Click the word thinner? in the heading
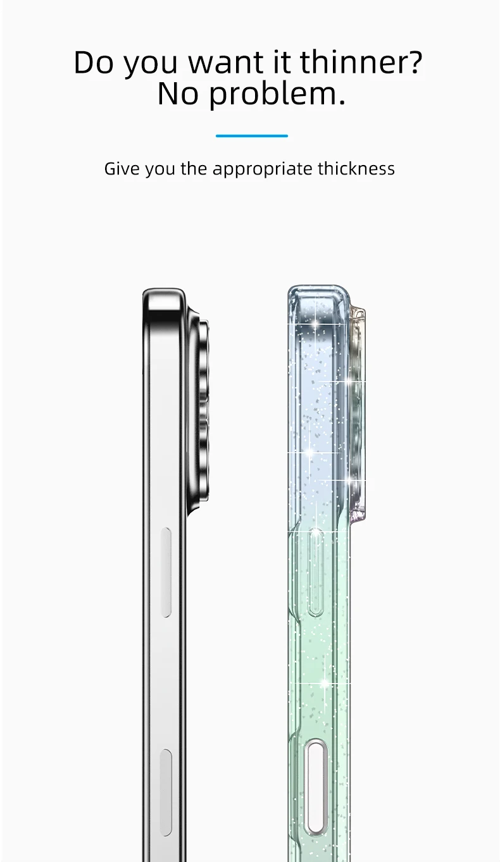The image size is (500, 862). click(361, 62)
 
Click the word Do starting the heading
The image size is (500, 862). click(94, 62)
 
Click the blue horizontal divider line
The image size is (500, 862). click(251, 135)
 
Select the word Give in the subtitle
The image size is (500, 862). click(122, 169)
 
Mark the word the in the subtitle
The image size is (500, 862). click(194, 169)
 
